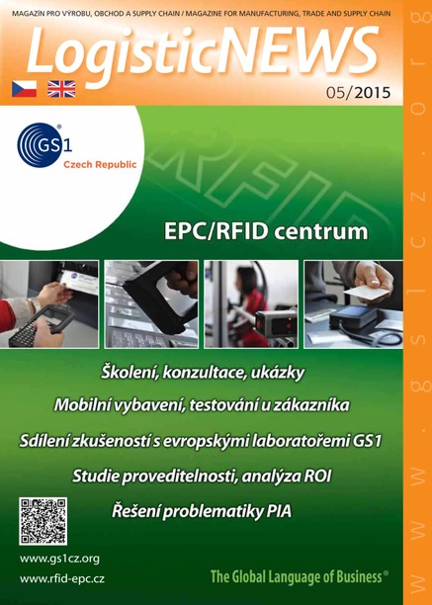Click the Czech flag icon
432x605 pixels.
point(23,87)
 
